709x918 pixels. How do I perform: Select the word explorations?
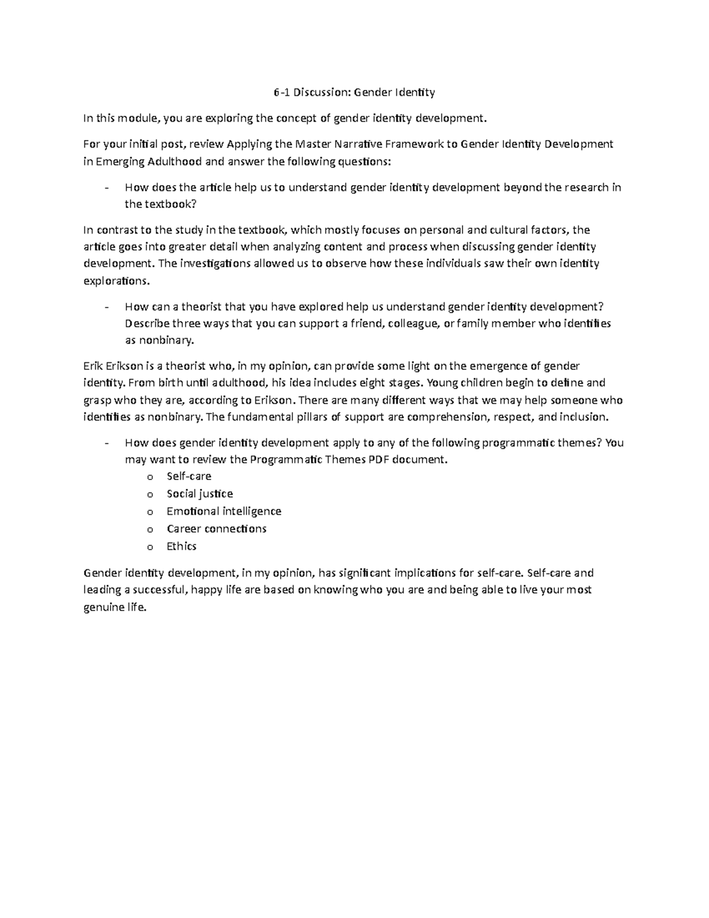pyautogui.click(x=117, y=281)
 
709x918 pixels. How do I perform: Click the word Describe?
pyautogui.click(x=147, y=324)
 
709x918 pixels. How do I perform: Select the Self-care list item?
pyautogui.click(x=188, y=476)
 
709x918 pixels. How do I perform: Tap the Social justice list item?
pyautogui.click(x=200, y=494)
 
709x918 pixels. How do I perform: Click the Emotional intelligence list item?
pyautogui.click(x=224, y=511)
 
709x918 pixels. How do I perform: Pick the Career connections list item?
pyautogui.click(x=216, y=528)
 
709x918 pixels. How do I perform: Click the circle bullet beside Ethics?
pyautogui.click(x=150, y=547)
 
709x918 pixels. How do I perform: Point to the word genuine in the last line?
pyautogui.click(x=105, y=607)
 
